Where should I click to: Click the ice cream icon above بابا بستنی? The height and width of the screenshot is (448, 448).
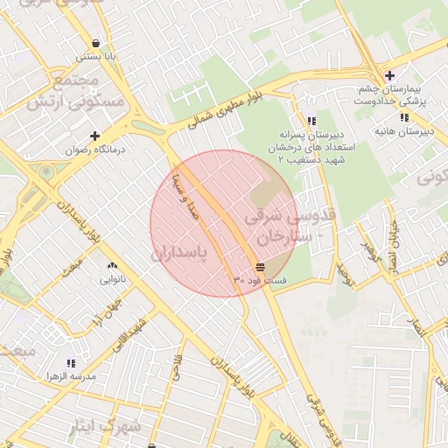coord(94,43)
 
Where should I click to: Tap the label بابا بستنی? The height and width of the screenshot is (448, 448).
coord(94,57)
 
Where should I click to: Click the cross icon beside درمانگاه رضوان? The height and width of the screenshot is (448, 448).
coord(95,136)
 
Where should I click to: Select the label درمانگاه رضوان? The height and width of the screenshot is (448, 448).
coord(95,150)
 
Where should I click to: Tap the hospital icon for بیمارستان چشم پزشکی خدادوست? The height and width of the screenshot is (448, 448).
coord(389,76)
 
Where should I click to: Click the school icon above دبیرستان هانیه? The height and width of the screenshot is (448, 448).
coord(403,117)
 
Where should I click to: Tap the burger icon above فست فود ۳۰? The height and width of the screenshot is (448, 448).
coord(260,265)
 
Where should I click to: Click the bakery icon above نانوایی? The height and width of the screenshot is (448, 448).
coord(111,266)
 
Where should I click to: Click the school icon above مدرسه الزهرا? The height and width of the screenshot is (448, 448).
coord(71,362)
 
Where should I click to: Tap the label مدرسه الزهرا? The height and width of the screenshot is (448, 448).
coord(71,376)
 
